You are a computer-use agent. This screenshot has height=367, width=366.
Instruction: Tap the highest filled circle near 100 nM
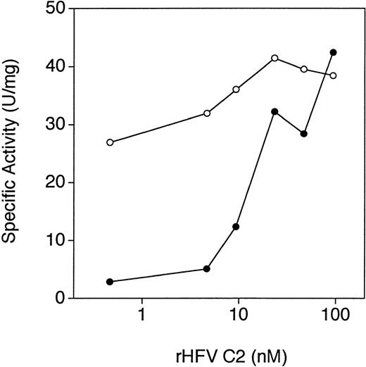coord(334,52)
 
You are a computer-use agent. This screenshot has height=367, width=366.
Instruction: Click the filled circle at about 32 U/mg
coord(274,111)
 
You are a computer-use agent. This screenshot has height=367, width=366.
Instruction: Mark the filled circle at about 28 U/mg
coord(304,134)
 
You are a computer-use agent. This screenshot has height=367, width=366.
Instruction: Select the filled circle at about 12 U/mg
coord(236,227)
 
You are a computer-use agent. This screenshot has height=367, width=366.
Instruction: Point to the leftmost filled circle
coord(110,282)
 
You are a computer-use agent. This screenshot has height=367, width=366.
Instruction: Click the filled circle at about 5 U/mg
coord(207,269)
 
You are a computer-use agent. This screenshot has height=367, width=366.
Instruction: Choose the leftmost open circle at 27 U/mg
coord(110,142)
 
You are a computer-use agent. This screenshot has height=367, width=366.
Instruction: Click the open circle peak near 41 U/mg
coord(274,58)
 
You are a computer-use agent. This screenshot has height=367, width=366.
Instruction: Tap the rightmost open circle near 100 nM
coord(334,75)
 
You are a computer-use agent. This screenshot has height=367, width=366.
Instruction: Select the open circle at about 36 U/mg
coord(236,89)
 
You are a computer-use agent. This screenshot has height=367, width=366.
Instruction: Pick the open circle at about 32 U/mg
coord(207,113)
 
